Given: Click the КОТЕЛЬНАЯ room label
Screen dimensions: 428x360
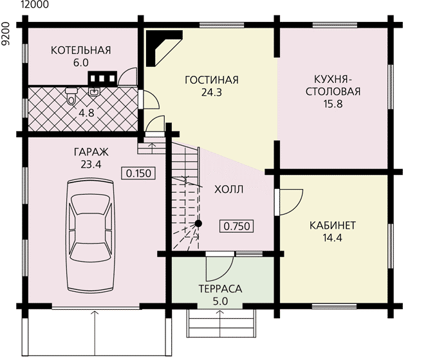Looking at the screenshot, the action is click(81, 50).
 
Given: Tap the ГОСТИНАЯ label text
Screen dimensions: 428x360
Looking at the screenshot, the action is click(212, 80).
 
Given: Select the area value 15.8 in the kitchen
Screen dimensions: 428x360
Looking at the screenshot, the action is click(333, 104).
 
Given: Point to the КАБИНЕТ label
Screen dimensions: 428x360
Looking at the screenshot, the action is click(333, 226).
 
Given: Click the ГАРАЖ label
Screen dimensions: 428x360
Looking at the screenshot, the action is click(91, 152).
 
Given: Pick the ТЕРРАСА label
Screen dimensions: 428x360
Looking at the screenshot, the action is click(220, 289).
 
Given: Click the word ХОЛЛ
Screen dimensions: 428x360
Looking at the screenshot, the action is click(228, 189).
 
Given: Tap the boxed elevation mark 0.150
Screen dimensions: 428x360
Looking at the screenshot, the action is click(138, 173).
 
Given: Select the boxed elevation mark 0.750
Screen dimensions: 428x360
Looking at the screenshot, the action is click(237, 226).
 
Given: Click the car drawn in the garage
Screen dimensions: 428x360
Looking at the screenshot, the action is click(90, 235).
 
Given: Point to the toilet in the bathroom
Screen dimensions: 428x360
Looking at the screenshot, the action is click(71, 95).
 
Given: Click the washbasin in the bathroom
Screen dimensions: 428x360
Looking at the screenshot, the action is click(95, 91).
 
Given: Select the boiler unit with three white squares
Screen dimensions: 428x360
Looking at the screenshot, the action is click(102, 78).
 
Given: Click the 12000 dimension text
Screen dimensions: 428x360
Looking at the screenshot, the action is click(35, 4).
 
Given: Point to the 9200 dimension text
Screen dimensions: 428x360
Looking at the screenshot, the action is click(5, 34).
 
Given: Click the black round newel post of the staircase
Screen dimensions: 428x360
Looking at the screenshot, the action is click(198, 224).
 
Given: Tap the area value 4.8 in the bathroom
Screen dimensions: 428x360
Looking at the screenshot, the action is click(86, 113).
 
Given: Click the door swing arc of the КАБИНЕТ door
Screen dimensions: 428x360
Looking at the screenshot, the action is click(297, 205).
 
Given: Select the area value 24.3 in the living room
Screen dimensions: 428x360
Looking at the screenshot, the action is click(212, 93).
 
